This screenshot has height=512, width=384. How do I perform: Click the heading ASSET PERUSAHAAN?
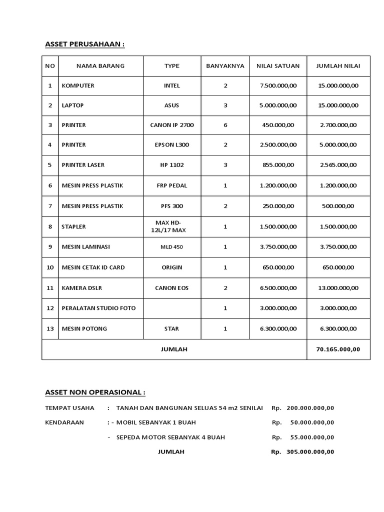(x=84, y=44)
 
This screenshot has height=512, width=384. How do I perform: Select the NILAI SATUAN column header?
(x=278, y=65)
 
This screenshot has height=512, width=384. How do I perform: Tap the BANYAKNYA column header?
(x=225, y=65)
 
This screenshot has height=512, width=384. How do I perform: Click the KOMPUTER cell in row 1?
(x=78, y=85)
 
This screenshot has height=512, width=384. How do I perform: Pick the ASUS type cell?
(x=171, y=105)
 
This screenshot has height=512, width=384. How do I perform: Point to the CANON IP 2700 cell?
(x=171, y=125)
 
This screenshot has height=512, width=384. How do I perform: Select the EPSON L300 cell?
(x=171, y=145)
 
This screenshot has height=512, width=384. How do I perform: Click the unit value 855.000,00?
(x=278, y=165)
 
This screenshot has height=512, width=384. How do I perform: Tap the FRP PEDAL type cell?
(x=171, y=185)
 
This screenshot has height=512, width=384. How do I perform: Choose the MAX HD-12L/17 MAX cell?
(x=171, y=226)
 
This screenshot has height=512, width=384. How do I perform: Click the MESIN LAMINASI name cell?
(x=85, y=246)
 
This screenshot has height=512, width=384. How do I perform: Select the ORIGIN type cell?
(x=171, y=267)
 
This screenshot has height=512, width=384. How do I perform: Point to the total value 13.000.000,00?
(x=338, y=287)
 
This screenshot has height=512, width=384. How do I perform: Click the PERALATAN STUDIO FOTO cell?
(x=98, y=308)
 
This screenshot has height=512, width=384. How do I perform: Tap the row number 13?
(x=50, y=328)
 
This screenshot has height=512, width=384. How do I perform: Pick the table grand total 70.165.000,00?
(x=338, y=349)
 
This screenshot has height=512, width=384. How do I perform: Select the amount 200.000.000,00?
(x=310, y=408)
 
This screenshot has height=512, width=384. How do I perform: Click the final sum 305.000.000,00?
(x=310, y=452)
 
